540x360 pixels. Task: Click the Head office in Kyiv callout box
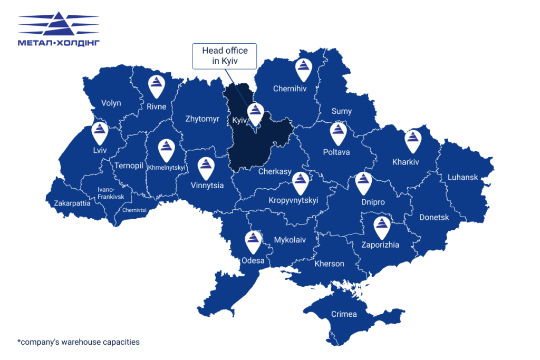coord(224,56)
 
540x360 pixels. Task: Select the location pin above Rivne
coord(156,86)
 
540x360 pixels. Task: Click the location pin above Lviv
coord(100,133)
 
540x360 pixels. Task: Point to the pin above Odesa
coord(254,241)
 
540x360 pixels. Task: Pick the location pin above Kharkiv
coord(413,141)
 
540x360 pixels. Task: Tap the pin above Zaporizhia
coord(381,227)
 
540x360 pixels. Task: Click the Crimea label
coord(344,314)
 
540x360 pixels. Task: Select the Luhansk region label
coord(462,177)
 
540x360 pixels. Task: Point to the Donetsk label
coord(434,217)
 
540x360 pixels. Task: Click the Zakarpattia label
coord(72,202)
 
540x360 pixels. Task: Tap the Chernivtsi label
coord(134,209)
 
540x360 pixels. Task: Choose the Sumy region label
coord(341,111)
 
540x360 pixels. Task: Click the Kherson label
coord(329,264)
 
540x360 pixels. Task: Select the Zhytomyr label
coord(202,119)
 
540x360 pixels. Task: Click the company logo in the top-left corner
coord(59,30)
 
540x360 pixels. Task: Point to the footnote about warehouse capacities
coord(79,342)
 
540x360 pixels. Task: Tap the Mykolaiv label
coord(290,240)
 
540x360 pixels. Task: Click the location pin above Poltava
coord(338,133)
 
